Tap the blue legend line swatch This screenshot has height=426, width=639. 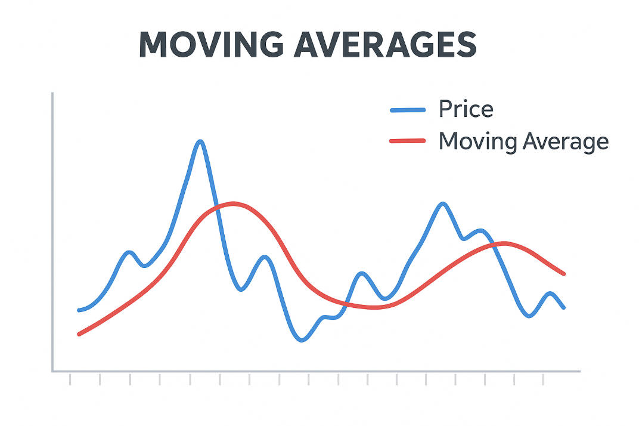tap(408, 110)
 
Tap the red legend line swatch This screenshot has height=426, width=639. tap(408, 141)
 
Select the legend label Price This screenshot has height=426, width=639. tap(466, 109)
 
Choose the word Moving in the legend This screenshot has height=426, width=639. tap(477, 141)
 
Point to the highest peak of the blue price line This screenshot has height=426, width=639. tap(200, 141)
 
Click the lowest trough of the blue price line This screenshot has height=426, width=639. tap(302, 340)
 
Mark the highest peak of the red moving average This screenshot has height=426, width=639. tap(233, 203)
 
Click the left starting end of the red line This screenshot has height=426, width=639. tap(79, 334)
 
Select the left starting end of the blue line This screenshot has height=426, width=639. tap(79, 310)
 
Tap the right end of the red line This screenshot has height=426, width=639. tap(563, 274)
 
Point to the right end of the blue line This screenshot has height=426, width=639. tap(563, 307)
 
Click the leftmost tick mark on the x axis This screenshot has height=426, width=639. tap(70, 379)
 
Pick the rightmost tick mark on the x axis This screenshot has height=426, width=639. tap(544, 379)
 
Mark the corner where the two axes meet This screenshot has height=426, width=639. tap(53, 371)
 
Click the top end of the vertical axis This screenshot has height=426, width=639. tap(53, 94)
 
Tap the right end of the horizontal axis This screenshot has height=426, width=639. tap(579, 371)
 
